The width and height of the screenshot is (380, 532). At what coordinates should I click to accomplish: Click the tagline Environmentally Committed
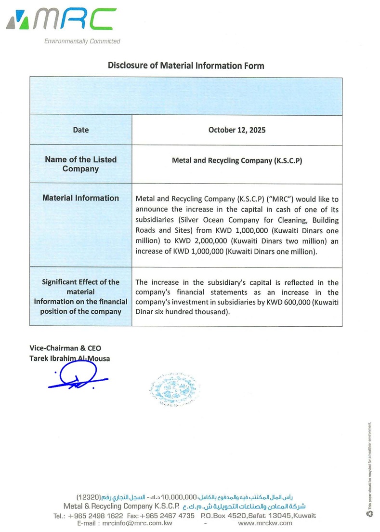coord(82,41)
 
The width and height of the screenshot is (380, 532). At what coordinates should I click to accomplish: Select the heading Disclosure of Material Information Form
coord(186,66)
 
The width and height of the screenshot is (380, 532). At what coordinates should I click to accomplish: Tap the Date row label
coord(81,130)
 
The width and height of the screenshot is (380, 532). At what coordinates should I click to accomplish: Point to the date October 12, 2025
coord(237,130)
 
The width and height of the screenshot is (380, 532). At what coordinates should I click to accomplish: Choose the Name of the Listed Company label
coord(81,164)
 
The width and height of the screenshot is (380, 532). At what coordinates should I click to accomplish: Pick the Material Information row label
coord(81,198)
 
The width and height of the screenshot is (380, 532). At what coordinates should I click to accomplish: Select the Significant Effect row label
coord(81,296)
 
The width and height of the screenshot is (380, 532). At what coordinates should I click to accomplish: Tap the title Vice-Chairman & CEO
coord(66,348)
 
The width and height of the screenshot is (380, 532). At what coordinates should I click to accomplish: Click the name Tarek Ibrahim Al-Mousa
coord(70,358)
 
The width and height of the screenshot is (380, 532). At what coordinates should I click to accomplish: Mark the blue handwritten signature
coord(77,377)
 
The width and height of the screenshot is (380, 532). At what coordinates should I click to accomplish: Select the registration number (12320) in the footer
coord(88,497)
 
